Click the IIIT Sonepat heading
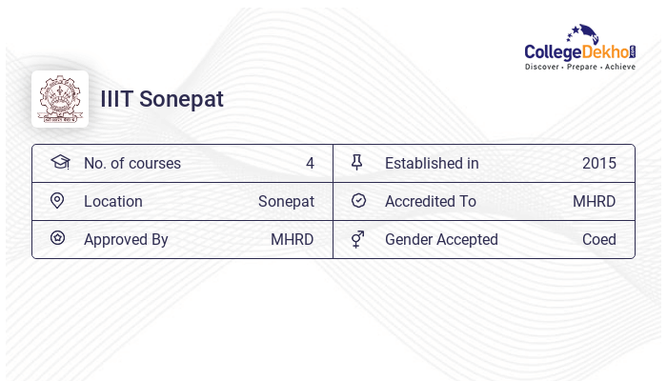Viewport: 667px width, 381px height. pyautogui.click(x=162, y=99)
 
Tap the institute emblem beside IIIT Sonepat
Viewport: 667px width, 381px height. pyautogui.click(x=60, y=99)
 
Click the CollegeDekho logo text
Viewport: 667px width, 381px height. pyautogui.click(x=579, y=51)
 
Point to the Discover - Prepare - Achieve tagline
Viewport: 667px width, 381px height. pyautogui.click(x=579, y=68)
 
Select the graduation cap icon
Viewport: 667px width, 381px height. pyautogui.click(x=60, y=163)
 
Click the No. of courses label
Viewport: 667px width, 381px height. pyautogui.click(x=132, y=164)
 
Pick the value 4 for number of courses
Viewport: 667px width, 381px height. pyautogui.click(x=310, y=164)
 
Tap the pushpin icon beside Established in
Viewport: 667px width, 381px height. pyautogui.click(x=357, y=163)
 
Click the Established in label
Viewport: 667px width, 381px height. pyautogui.click(x=432, y=164)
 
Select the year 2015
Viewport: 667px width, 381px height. pyautogui.click(x=599, y=164)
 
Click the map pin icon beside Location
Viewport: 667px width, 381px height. pyautogui.click(x=57, y=201)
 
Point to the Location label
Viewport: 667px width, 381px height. pyautogui.click(x=113, y=202)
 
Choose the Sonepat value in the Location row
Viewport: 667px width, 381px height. pyautogui.click(x=286, y=202)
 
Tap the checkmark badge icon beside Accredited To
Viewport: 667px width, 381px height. pyautogui.click(x=358, y=201)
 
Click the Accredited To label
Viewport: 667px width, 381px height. pyautogui.click(x=431, y=202)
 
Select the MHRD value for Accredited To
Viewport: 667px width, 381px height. pyautogui.click(x=595, y=202)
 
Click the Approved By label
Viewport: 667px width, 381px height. pyautogui.click(x=126, y=240)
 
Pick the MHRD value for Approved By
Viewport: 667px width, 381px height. pyautogui.click(x=293, y=240)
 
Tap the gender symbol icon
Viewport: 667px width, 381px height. pyautogui.click(x=357, y=239)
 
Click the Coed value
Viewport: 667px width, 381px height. pyautogui.click(x=599, y=240)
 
